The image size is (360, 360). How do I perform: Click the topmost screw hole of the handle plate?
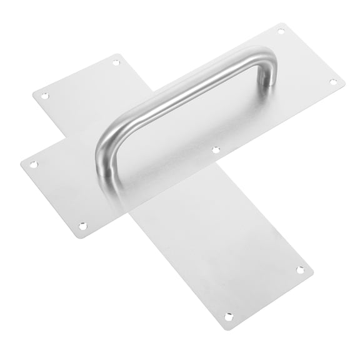click(281, 31)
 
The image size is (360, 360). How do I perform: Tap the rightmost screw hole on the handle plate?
click(332, 81)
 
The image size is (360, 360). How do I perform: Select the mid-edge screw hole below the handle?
click(215, 150)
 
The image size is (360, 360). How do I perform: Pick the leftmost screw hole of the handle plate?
click(34, 164)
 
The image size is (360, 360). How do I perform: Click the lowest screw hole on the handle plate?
click(82, 225)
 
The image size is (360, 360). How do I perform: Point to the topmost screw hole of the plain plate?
click(116, 62)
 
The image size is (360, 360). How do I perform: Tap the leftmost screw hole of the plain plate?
click(44, 96)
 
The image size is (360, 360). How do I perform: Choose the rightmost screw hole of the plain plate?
click(300, 270)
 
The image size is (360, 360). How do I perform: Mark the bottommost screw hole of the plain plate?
click(229, 317)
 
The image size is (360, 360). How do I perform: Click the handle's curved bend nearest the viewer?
click(106, 134)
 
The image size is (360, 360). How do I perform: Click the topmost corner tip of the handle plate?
click(286, 23)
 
